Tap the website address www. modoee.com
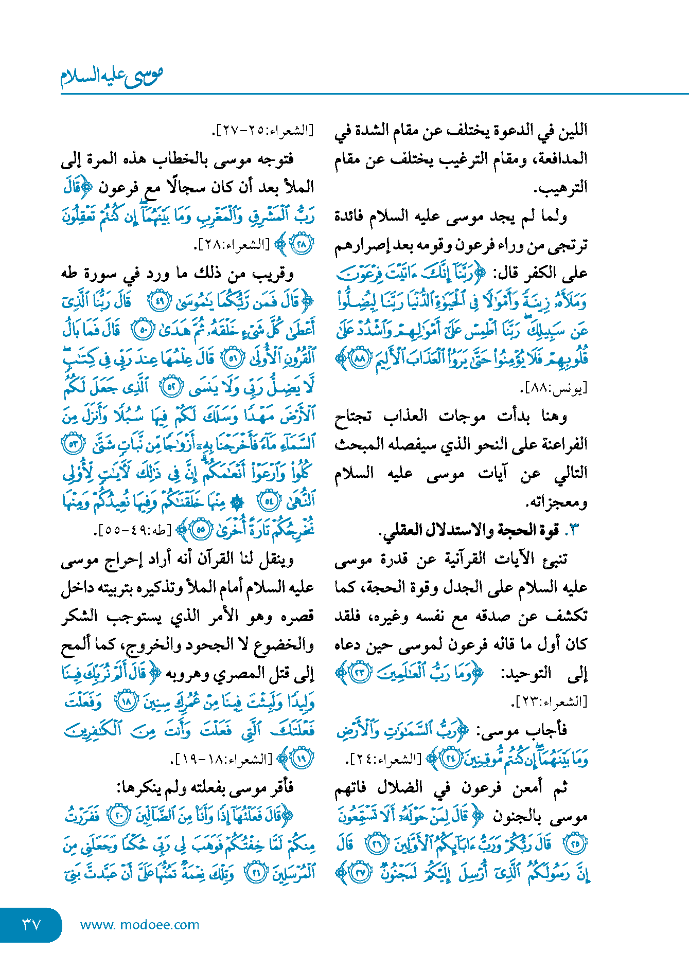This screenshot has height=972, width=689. [x=139, y=925]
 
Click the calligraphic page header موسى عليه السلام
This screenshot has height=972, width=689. [x=112, y=76]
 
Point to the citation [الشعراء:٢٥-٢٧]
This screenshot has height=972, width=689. [x=262, y=130]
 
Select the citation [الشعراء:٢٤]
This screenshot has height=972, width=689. [x=384, y=759]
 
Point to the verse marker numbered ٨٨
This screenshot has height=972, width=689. [x=360, y=358]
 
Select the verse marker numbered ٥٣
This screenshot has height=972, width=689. [x=73, y=444]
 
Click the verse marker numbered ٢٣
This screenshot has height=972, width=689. [x=361, y=673]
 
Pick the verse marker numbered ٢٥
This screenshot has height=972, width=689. [x=575, y=844]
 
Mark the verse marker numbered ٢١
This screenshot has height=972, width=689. [x=256, y=873]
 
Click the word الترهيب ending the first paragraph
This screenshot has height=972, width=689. [x=560, y=188]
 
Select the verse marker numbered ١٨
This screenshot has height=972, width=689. [x=126, y=701]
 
